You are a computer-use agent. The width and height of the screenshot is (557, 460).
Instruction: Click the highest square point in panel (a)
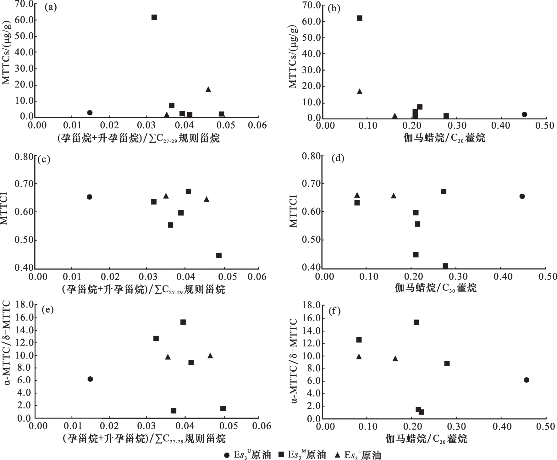[x=154, y=17]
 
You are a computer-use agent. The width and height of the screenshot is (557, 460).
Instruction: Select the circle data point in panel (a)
[x=90, y=113]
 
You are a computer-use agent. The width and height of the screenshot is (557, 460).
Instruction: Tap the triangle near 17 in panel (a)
[x=208, y=89]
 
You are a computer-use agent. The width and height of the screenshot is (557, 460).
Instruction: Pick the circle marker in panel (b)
[x=524, y=114]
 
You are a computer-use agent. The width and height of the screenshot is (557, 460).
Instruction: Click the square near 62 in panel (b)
[x=360, y=18]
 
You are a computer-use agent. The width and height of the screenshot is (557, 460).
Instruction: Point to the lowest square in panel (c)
[x=219, y=255]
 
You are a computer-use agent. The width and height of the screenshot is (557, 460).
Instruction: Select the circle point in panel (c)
[x=89, y=197]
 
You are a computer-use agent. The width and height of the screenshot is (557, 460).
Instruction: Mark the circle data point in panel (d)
[x=522, y=196]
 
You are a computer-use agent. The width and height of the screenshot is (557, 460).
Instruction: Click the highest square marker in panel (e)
[x=183, y=322]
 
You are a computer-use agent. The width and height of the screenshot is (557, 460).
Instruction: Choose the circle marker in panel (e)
[x=90, y=379]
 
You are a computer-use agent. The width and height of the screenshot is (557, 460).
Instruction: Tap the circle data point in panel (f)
[x=527, y=380]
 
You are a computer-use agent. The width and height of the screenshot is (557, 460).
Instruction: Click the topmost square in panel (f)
[x=416, y=322]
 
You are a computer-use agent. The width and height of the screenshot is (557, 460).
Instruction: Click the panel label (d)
[x=338, y=159]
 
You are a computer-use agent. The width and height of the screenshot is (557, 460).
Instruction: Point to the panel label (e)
[x=48, y=310]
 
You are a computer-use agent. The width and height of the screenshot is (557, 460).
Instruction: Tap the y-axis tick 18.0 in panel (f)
[x=311, y=305]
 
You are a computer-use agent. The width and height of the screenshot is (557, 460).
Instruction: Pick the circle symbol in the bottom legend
[x=227, y=455]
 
